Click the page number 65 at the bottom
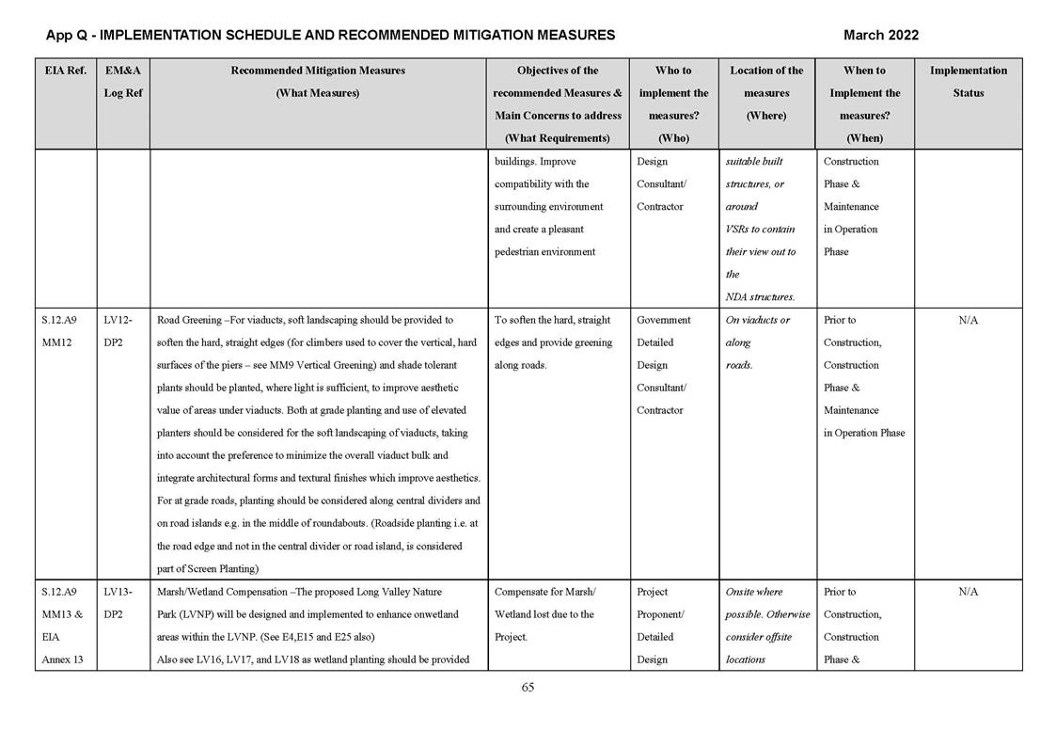[528, 688]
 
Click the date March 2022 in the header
[880, 35]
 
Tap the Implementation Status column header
[968, 82]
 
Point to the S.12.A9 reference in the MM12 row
[60, 320]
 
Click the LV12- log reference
[117, 320]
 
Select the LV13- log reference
[117, 592]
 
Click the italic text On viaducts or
[758, 320]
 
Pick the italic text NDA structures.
[760, 297]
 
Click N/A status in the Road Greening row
[968, 320]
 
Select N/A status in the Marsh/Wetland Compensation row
[968, 592]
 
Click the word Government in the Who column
[664, 320]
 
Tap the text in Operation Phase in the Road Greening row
[863, 433]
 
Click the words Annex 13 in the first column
[62, 660]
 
